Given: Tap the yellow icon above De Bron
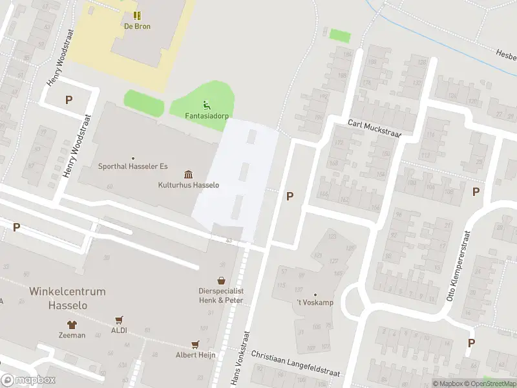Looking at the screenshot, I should (x=136, y=16).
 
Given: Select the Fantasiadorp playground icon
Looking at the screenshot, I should (x=206, y=105).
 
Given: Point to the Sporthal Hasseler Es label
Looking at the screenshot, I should (x=132, y=166).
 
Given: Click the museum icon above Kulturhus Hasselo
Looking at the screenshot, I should (x=188, y=174).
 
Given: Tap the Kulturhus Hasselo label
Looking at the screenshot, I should (x=189, y=185).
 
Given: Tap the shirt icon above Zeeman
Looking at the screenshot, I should (x=71, y=325).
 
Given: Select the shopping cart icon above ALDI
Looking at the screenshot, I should (x=119, y=320).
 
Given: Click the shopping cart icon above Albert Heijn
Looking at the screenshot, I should (x=195, y=345).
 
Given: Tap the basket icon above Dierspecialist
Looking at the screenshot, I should (x=221, y=280).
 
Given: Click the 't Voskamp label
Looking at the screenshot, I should (x=315, y=304).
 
